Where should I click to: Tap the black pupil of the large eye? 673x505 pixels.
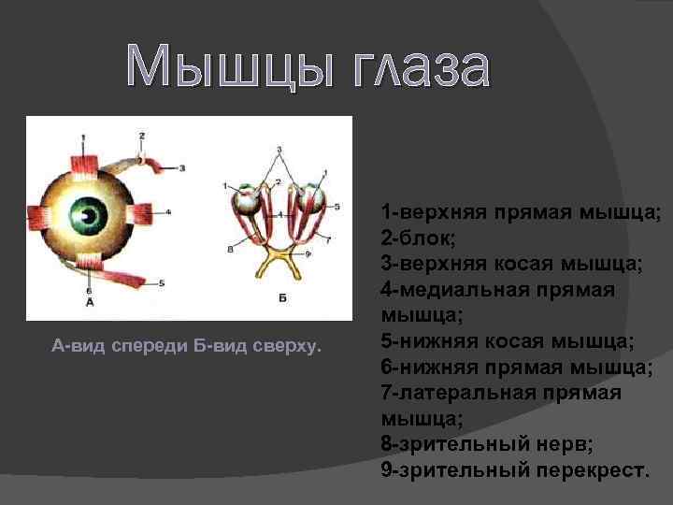point(90,216)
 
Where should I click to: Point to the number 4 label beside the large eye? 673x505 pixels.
point(168,212)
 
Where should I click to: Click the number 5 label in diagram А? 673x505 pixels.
point(163,282)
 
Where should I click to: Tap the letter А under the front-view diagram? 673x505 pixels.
point(89,303)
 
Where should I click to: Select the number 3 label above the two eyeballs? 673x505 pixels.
point(278,150)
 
